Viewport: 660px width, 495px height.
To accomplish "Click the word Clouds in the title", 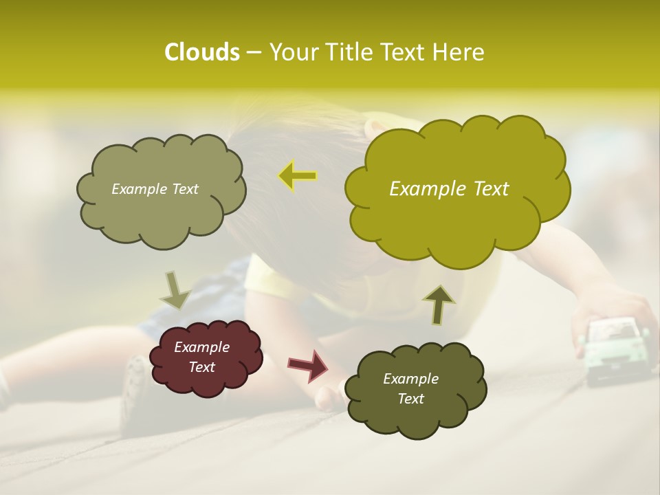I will tap(201, 52).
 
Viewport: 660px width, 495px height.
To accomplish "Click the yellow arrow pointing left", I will tap(298, 176).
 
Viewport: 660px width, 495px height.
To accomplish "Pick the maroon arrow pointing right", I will tap(309, 365).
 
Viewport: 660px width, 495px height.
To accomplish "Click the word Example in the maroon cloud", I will tap(201, 347).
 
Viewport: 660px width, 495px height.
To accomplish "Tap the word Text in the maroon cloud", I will tap(201, 367).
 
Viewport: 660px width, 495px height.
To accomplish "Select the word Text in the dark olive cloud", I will tap(410, 399).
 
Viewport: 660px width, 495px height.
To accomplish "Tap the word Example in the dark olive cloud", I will tap(410, 379).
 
